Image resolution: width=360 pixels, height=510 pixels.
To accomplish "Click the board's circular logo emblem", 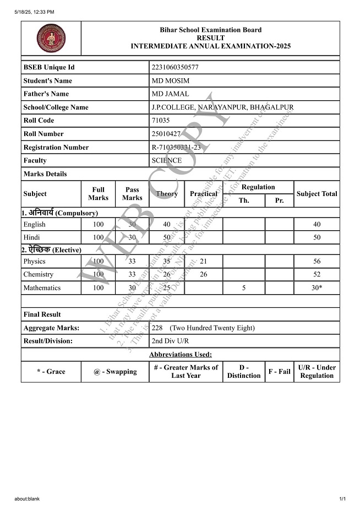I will pyautogui.click(x=51, y=38).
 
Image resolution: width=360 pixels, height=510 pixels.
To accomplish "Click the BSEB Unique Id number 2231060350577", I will pyautogui.click(x=175, y=67).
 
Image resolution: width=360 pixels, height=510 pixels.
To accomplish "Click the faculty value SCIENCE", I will pyautogui.click(x=166, y=161).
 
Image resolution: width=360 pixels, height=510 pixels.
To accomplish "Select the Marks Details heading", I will pyautogui.click(x=45, y=174).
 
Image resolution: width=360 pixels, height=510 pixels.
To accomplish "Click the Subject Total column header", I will pyautogui.click(x=317, y=194).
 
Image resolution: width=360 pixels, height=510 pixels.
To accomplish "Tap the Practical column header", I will pyautogui.click(x=204, y=194).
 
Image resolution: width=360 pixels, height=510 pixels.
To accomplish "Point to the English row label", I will pyautogui.click(x=35, y=225).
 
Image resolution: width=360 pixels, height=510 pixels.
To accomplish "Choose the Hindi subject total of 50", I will pyautogui.click(x=317, y=237).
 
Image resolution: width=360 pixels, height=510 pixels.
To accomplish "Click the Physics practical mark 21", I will pyautogui.click(x=203, y=261).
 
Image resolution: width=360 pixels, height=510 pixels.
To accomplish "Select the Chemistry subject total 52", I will pyautogui.click(x=317, y=274).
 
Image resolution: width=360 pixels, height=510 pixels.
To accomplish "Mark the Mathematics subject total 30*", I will pyautogui.click(x=317, y=287).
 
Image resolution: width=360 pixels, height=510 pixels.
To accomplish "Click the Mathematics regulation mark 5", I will pyautogui.click(x=244, y=287).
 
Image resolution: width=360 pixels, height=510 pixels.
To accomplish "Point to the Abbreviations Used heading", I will pyautogui.click(x=181, y=355).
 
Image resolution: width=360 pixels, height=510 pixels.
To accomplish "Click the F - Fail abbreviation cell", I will pyautogui.click(x=279, y=372).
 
